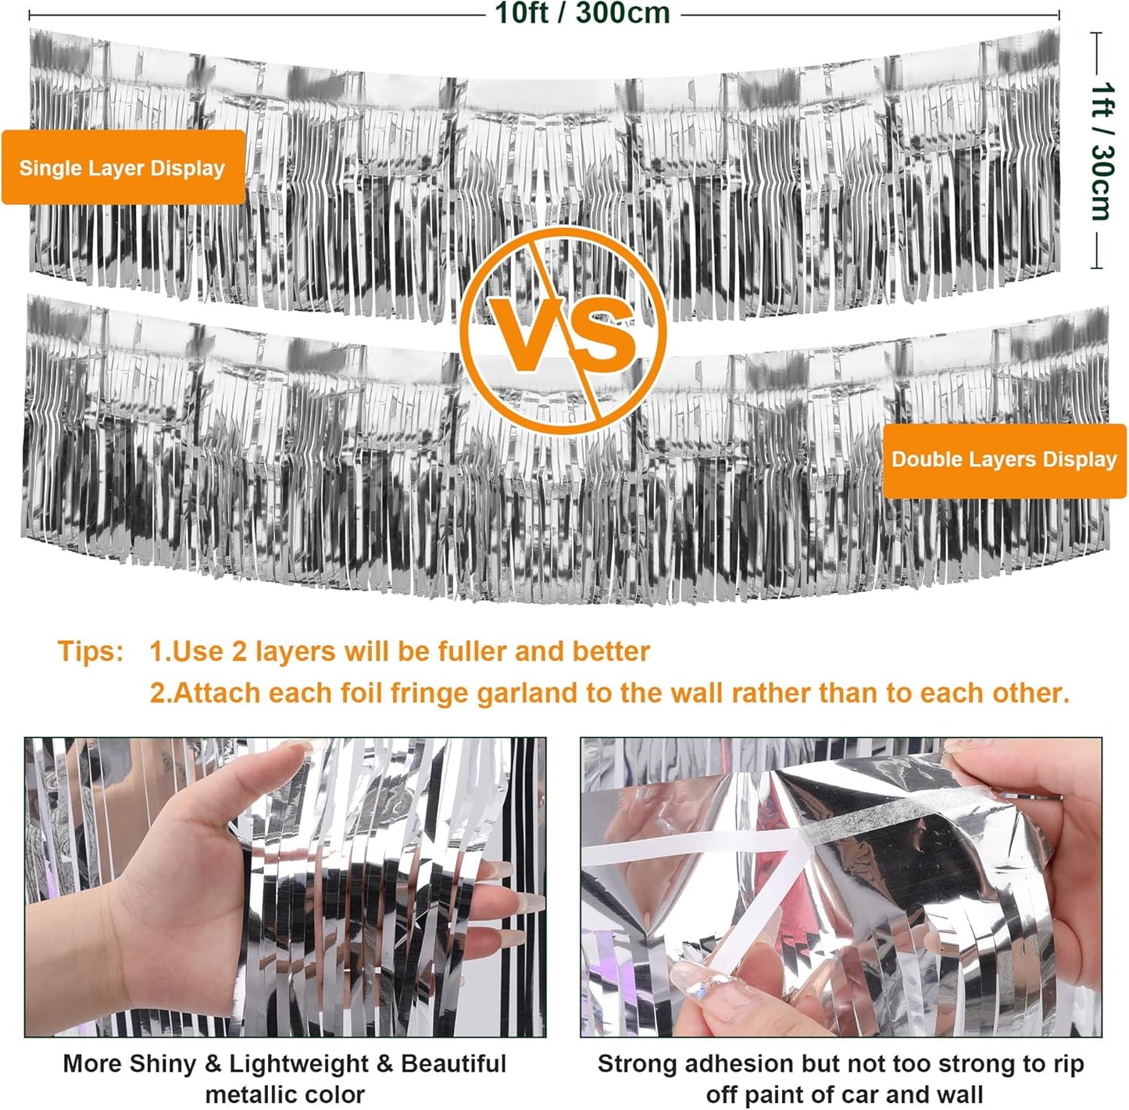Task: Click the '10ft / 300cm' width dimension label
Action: (x=582, y=12)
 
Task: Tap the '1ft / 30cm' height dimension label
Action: (x=1101, y=151)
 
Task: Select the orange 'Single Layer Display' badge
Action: (x=123, y=167)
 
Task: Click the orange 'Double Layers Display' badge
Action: (x=1004, y=461)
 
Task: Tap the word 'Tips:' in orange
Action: (x=91, y=651)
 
